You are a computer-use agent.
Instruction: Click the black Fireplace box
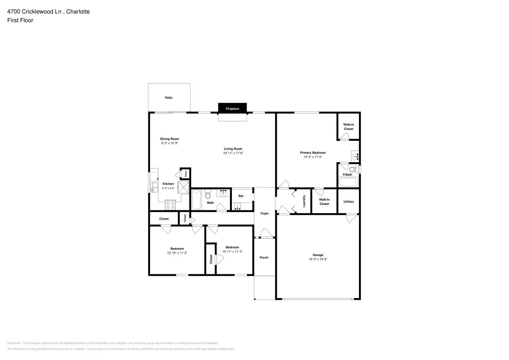point(232,108)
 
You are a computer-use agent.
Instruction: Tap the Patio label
point(168,98)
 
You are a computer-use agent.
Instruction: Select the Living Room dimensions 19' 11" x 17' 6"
point(233,153)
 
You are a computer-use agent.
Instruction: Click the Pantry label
point(186,174)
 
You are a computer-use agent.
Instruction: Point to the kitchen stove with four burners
point(170,206)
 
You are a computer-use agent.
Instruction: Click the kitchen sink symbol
point(154,187)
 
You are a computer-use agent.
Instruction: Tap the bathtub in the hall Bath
point(196,200)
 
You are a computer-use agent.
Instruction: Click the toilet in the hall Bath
point(207,195)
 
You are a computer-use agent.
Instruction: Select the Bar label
point(241,196)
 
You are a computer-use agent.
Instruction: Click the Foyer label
point(265,213)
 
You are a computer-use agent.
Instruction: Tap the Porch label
point(264,257)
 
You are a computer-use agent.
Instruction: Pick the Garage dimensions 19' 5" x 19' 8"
point(318,259)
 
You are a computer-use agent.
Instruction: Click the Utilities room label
point(348,202)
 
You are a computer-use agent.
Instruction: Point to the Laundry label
point(304,201)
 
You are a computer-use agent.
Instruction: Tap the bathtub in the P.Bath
point(348,182)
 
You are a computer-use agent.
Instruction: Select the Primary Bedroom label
point(312,153)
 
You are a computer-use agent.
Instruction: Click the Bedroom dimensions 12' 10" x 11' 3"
point(177,253)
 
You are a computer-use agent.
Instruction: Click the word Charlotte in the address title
point(78,12)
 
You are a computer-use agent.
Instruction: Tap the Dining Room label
point(170,139)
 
